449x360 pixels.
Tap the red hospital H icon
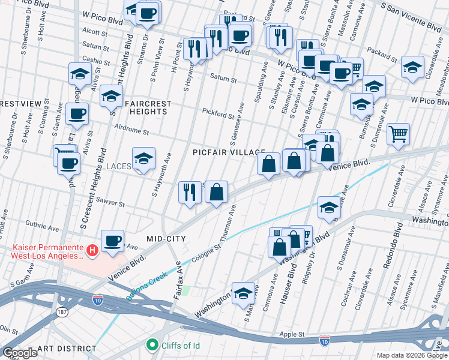[x=92, y=250]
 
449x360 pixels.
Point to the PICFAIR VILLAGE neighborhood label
[x=229, y=152]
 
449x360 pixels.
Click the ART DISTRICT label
[x=66, y=348]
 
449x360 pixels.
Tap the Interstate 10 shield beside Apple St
[x=324, y=340]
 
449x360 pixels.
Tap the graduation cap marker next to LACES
[x=143, y=159]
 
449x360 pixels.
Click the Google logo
[x=20, y=353]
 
